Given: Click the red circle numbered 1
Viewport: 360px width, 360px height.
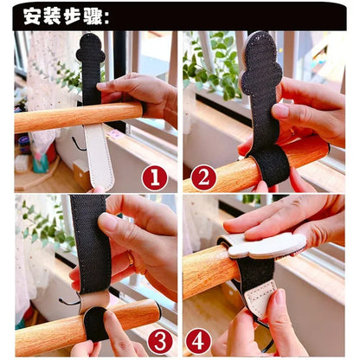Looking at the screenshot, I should [154, 178].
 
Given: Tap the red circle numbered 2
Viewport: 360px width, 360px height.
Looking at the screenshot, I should [203, 178].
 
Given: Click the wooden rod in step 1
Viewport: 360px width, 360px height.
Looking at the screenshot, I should [52, 118].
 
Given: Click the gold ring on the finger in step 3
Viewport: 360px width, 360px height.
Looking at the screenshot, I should [131, 259].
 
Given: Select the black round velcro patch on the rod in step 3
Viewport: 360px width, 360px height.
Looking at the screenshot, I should [95, 324].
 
